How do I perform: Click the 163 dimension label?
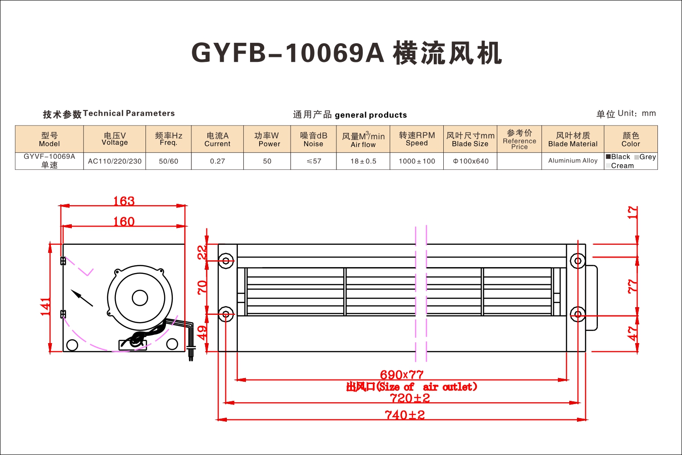click(x=124, y=201)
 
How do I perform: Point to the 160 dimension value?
click(x=124, y=221)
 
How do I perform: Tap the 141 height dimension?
click(x=45, y=307)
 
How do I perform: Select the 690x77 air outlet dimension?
click(x=401, y=374)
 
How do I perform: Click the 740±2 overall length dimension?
click(x=405, y=415)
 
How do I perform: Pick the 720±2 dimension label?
click(x=410, y=398)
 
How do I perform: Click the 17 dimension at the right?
click(x=632, y=212)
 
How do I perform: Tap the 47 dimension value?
click(x=632, y=334)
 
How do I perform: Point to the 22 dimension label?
click(x=202, y=253)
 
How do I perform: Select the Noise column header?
click(x=313, y=139)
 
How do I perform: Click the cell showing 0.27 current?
click(x=217, y=161)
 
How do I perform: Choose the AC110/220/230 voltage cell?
click(x=115, y=161)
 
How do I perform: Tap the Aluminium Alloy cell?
click(x=573, y=161)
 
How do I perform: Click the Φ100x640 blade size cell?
click(x=471, y=161)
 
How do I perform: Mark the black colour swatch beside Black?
click(x=608, y=157)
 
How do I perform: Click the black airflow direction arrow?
click(x=82, y=298)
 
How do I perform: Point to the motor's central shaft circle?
click(x=140, y=298)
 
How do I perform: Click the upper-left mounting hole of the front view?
click(x=226, y=261)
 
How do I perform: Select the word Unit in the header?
click(x=626, y=113)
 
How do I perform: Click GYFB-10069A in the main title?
click(x=287, y=53)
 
